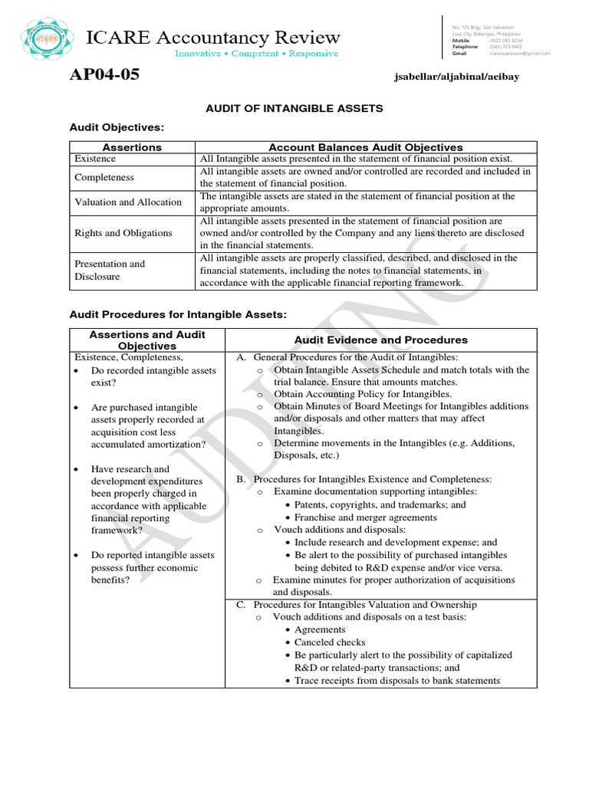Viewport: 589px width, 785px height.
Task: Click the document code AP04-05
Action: (x=104, y=75)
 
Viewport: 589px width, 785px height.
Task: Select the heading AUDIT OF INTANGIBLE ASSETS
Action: (x=294, y=108)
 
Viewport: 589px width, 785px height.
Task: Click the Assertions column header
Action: (x=133, y=146)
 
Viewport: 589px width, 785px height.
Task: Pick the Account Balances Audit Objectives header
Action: (x=366, y=146)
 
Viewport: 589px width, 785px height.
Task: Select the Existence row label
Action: (x=95, y=159)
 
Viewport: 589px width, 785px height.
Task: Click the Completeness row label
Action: (x=104, y=177)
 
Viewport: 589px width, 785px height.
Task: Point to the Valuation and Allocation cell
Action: (x=127, y=202)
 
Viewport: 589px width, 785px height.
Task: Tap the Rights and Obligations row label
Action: (x=123, y=233)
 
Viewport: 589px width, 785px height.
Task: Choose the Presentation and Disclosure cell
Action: (x=110, y=270)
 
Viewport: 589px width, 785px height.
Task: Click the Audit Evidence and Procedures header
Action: (x=380, y=340)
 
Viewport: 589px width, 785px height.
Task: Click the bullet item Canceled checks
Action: (x=330, y=642)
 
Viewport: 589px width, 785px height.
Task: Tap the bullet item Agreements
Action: (x=320, y=629)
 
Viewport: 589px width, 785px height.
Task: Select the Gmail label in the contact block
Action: (x=459, y=54)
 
